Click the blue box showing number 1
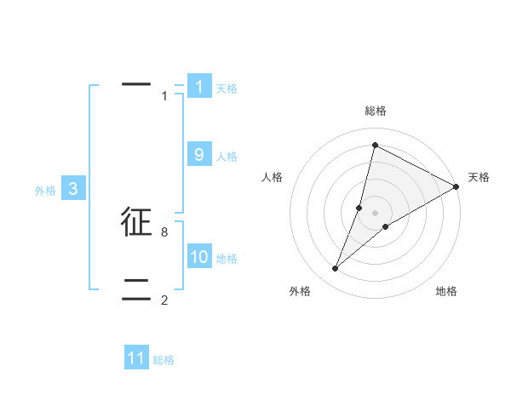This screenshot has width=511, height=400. pyautogui.click(x=199, y=87)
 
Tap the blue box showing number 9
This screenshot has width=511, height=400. pyautogui.click(x=199, y=155)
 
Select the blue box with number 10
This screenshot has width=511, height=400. pyautogui.click(x=199, y=257)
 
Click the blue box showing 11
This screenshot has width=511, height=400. pyautogui.click(x=136, y=358)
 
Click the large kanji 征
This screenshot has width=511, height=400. pyautogui.click(x=136, y=222)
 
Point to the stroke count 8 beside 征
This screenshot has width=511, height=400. pyautogui.click(x=164, y=231)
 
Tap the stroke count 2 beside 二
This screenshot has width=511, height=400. pyautogui.click(x=164, y=300)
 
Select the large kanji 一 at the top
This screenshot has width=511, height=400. pyautogui.click(x=136, y=85)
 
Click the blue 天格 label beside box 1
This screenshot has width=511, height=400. pyautogui.click(x=227, y=89)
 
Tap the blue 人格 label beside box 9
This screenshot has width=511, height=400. pyautogui.click(x=227, y=157)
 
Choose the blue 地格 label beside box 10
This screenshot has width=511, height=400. pyautogui.click(x=227, y=259)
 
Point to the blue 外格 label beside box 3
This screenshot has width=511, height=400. pyautogui.click(x=45, y=191)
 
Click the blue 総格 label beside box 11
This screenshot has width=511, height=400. pyautogui.click(x=164, y=360)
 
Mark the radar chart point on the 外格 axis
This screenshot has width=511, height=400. pyautogui.click(x=335, y=269)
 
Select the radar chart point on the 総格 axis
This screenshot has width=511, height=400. pyautogui.click(x=375, y=145)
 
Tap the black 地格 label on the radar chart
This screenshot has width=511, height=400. pyautogui.click(x=446, y=291)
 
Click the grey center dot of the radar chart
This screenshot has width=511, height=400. pyautogui.click(x=375, y=213)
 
